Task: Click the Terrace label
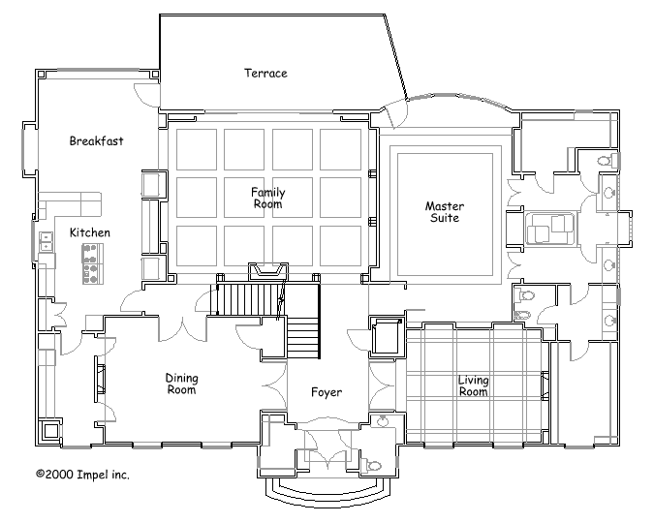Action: click(x=265, y=74)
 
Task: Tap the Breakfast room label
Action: click(x=96, y=141)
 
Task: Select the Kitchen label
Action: click(x=90, y=232)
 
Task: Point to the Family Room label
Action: click(x=268, y=199)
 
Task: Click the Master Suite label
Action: click(x=445, y=212)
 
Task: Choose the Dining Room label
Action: click(x=181, y=384)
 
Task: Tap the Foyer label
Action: click(x=327, y=392)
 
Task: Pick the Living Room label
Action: click(x=474, y=385)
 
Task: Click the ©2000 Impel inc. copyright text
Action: click(x=82, y=475)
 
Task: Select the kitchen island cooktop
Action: click(x=93, y=264)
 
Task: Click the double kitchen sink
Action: click(x=46, y=242)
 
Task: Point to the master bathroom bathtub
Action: click(x=548, y=229)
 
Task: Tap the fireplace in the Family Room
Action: click(x=267, y=270)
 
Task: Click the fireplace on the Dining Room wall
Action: click(x=100, y=379)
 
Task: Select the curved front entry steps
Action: click(x=327, y=491)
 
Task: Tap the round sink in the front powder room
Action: click(x=383, y=420)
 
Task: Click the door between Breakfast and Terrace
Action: click(x=146, y=95)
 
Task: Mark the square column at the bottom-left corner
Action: click(x=51, y=431)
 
